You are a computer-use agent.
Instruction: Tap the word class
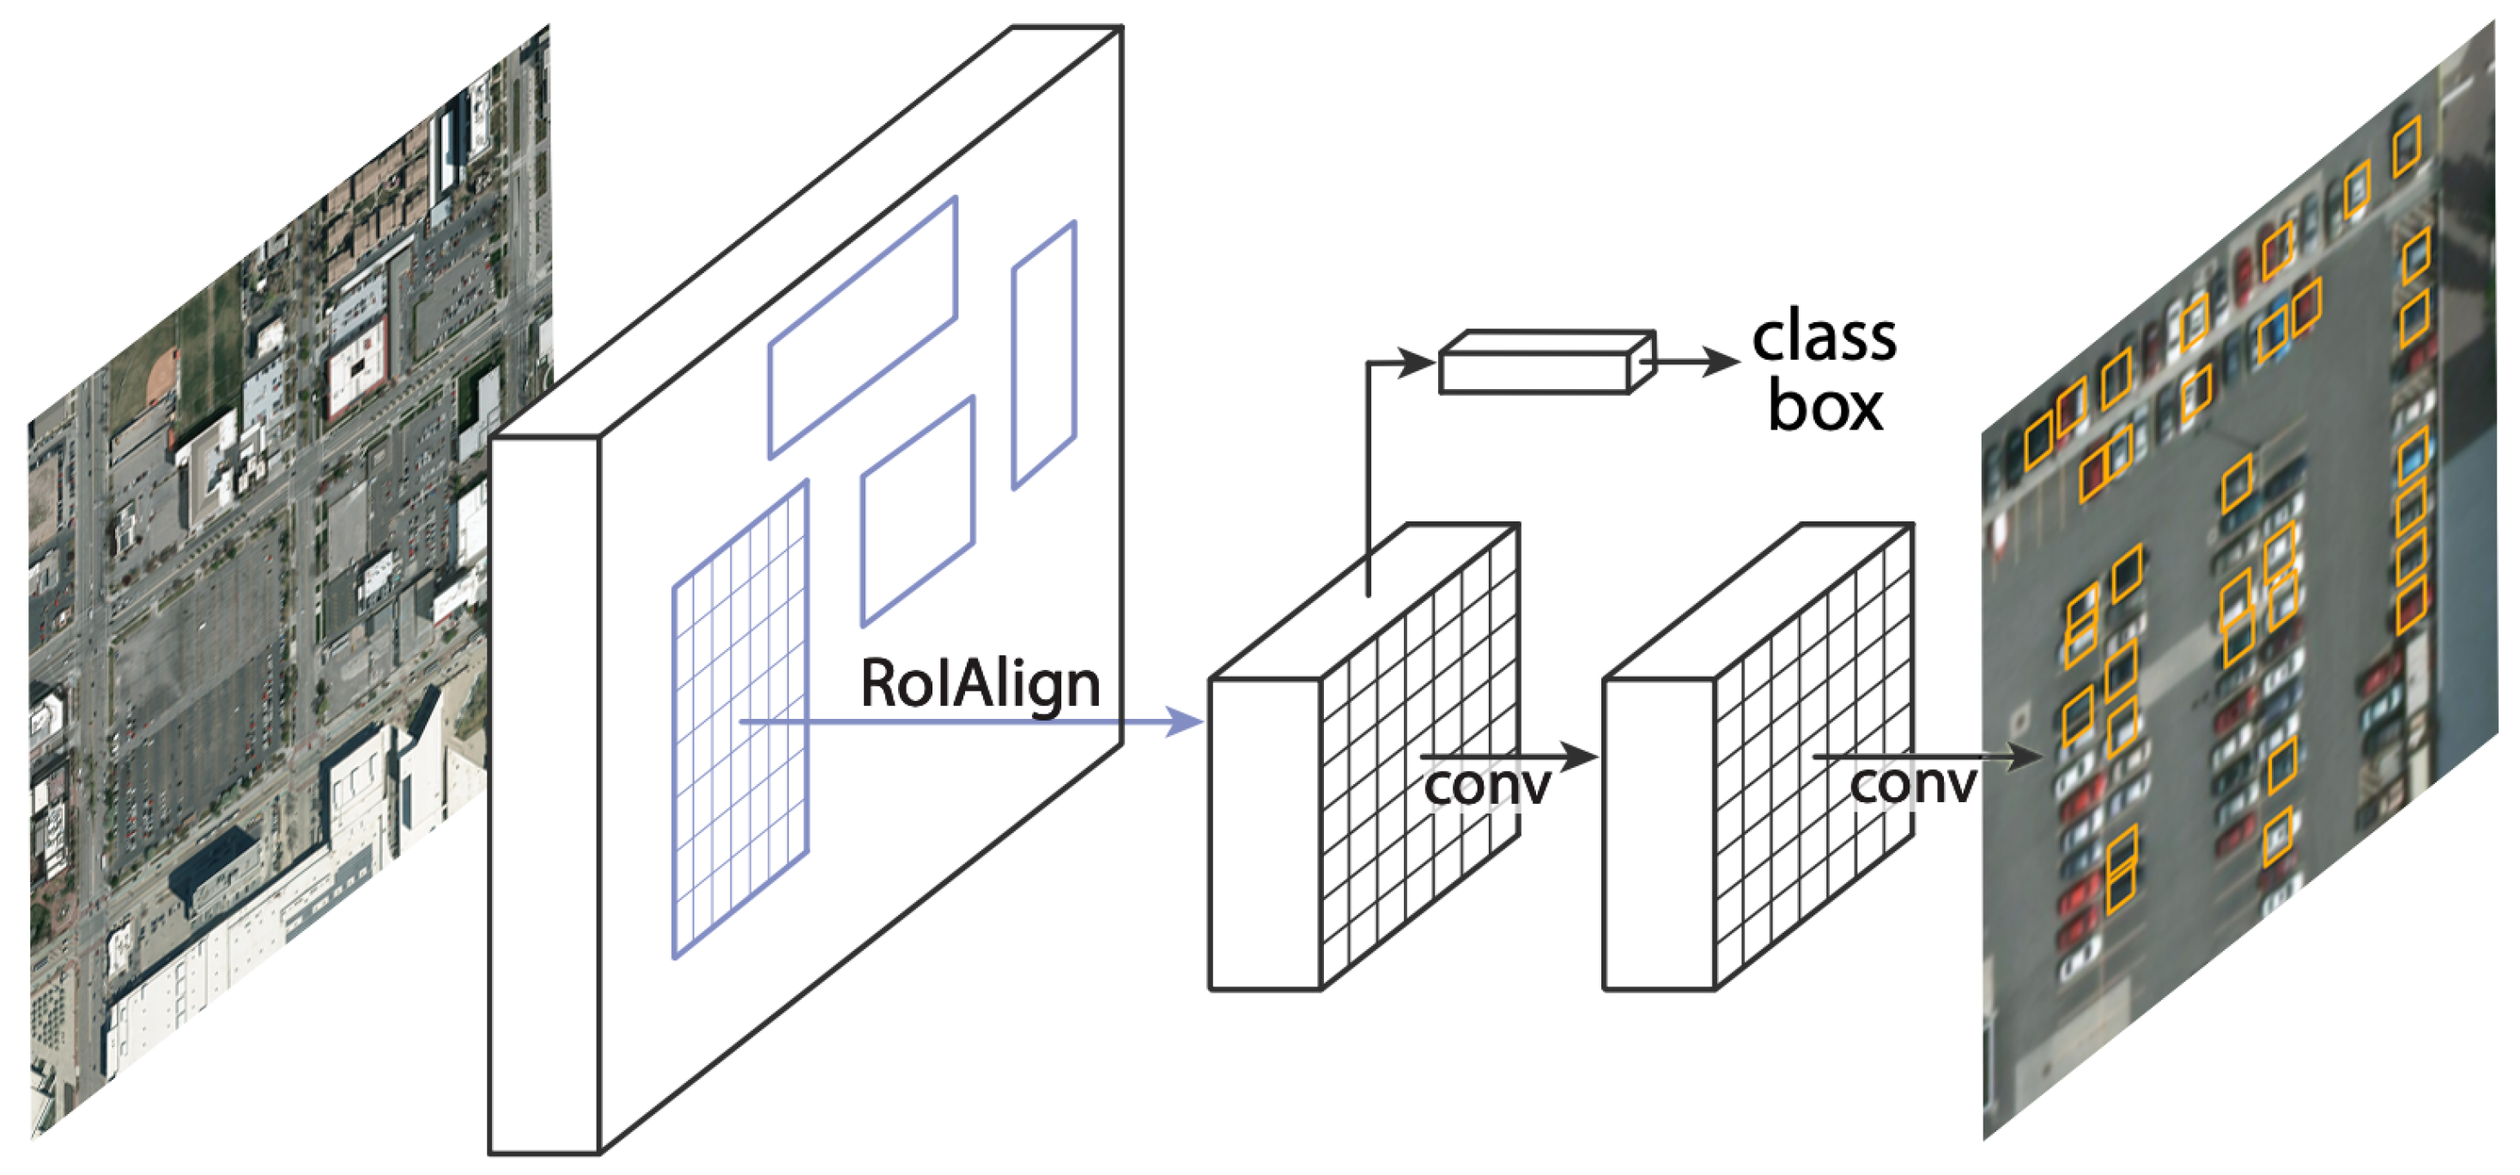[1824, 338]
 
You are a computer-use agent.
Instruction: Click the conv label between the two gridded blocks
[1486, 786]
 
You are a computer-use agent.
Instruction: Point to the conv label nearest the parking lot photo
[1912, 786]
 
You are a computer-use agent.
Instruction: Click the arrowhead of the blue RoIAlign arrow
[1187, 723]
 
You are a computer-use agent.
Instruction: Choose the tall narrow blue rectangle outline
[1044, 355]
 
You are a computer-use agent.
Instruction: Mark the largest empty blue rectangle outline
[862, 328]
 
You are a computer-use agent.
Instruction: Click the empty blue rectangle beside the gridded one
[917, 511]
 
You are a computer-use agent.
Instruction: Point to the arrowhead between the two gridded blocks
[1579, 756]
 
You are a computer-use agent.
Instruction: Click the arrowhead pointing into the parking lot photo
[2029, 756]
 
